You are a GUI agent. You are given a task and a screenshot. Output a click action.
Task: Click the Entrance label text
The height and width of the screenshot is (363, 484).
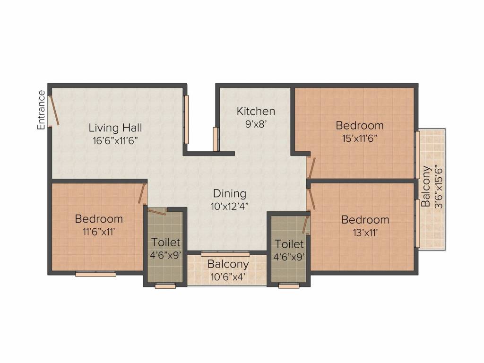(42, 110)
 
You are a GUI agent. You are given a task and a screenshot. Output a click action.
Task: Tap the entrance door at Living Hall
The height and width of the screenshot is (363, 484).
(54, 109)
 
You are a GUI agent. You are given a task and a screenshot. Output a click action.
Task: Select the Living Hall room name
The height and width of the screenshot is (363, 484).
(115, 128)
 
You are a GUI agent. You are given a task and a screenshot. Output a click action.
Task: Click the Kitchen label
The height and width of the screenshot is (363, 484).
(256, 111)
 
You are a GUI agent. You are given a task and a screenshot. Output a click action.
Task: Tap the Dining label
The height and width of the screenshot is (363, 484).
(230, 193)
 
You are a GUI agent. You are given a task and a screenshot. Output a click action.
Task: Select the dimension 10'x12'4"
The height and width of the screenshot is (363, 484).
(230, 206)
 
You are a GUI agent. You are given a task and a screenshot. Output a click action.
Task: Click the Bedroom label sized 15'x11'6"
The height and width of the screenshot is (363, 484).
(360, 125)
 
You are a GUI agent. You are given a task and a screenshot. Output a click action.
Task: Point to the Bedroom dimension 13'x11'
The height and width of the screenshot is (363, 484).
(365, 232)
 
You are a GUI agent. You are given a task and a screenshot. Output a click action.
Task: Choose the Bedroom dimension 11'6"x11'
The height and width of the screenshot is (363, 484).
(99, 232)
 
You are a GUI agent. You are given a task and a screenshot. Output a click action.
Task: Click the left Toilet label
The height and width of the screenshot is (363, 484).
(165, 242)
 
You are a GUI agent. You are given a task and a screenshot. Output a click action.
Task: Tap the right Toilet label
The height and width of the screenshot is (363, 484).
(289, 244)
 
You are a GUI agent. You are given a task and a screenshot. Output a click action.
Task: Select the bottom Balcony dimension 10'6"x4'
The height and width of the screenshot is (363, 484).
(228, 277)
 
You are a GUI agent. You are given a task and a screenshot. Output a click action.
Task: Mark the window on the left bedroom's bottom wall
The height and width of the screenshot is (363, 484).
(96, 274)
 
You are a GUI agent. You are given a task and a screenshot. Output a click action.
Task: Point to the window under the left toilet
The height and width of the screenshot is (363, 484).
(165, 285)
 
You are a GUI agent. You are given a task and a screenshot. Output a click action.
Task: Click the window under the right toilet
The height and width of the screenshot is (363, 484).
(288, 285)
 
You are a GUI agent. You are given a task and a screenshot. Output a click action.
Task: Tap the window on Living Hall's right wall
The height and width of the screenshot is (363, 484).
(186, 120)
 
